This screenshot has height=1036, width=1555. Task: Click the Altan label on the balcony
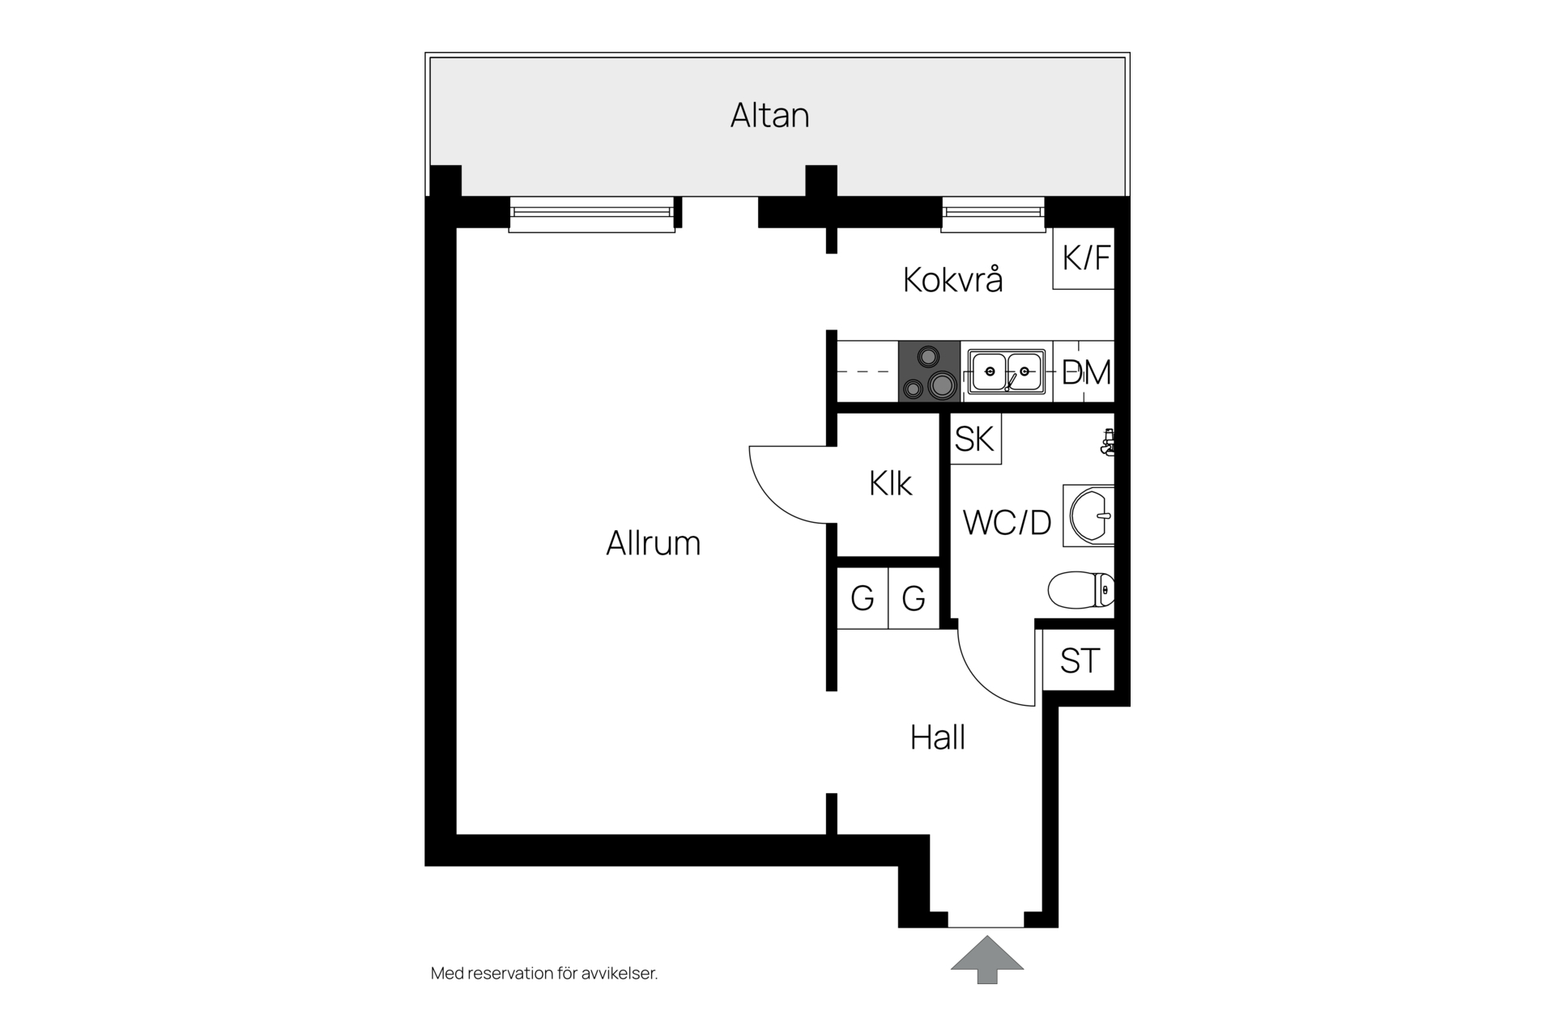click(769, 116)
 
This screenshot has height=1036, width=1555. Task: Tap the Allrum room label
click(653, 543)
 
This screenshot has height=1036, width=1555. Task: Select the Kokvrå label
click(952, 280)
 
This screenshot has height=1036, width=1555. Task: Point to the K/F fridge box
click(1084, 259)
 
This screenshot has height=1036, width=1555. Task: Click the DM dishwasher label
click(1086, 373)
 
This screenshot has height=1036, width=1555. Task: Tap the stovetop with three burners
click(929, 372)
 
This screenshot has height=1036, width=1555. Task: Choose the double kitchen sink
click(1007, 372)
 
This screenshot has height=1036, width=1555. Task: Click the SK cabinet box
click(975, 439)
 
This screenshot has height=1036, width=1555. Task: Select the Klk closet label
click(890, 484)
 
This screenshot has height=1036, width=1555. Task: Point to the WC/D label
click(1007, 523)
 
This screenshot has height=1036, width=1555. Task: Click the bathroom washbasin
click(1089, 516)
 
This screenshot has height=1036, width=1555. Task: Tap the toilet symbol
click(1081, 590)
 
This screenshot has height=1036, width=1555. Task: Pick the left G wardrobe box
click(863, 598)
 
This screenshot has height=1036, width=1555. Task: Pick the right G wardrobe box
click(914, 598)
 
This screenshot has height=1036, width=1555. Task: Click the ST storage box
click(1079, 660)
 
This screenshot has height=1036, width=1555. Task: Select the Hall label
click(937, 738)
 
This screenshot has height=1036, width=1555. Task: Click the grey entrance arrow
click(986, 959)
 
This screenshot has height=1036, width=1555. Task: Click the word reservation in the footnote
click(519, 974)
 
